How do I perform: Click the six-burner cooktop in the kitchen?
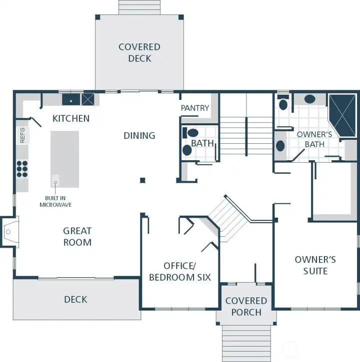pyautogui.click(x=22, y=169)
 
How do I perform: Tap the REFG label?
pyautogui.click(x=22, y=135)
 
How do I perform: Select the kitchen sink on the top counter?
pyautogui.click(x=71, y=100)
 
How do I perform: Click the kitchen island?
pyautogui.click(x=64, y=159)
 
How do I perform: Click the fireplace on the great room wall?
pyautogui.click(x=8, y=231)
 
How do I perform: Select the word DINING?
pyautogui.click(x=139, y=135)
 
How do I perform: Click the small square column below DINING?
pyautogui.click(x=142, y=180)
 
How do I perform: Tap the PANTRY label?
pyautogui.click(x=195, y=108)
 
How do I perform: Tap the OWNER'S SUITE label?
pyautogui.click(x=315, y=265)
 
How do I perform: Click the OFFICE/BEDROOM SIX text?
pyautogui.click(x=180, y=272)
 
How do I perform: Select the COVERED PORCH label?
pyautogui.click(x=246, y=307)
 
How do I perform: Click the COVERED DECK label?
pyautogui.click(x=139, y=52)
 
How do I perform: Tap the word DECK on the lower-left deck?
pyautogui.click(x=75, y=300)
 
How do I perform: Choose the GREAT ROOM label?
pyautogui.click(x=77, y=237)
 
